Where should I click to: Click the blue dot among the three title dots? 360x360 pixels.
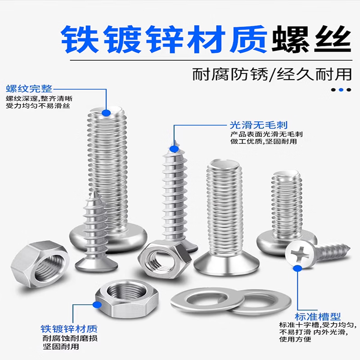tap(342, 90)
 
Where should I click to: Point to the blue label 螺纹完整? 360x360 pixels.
tap(29, 88)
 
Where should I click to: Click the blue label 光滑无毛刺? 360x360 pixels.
tap(258, 125)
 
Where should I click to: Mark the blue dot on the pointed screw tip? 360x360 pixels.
tap(173, 148)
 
